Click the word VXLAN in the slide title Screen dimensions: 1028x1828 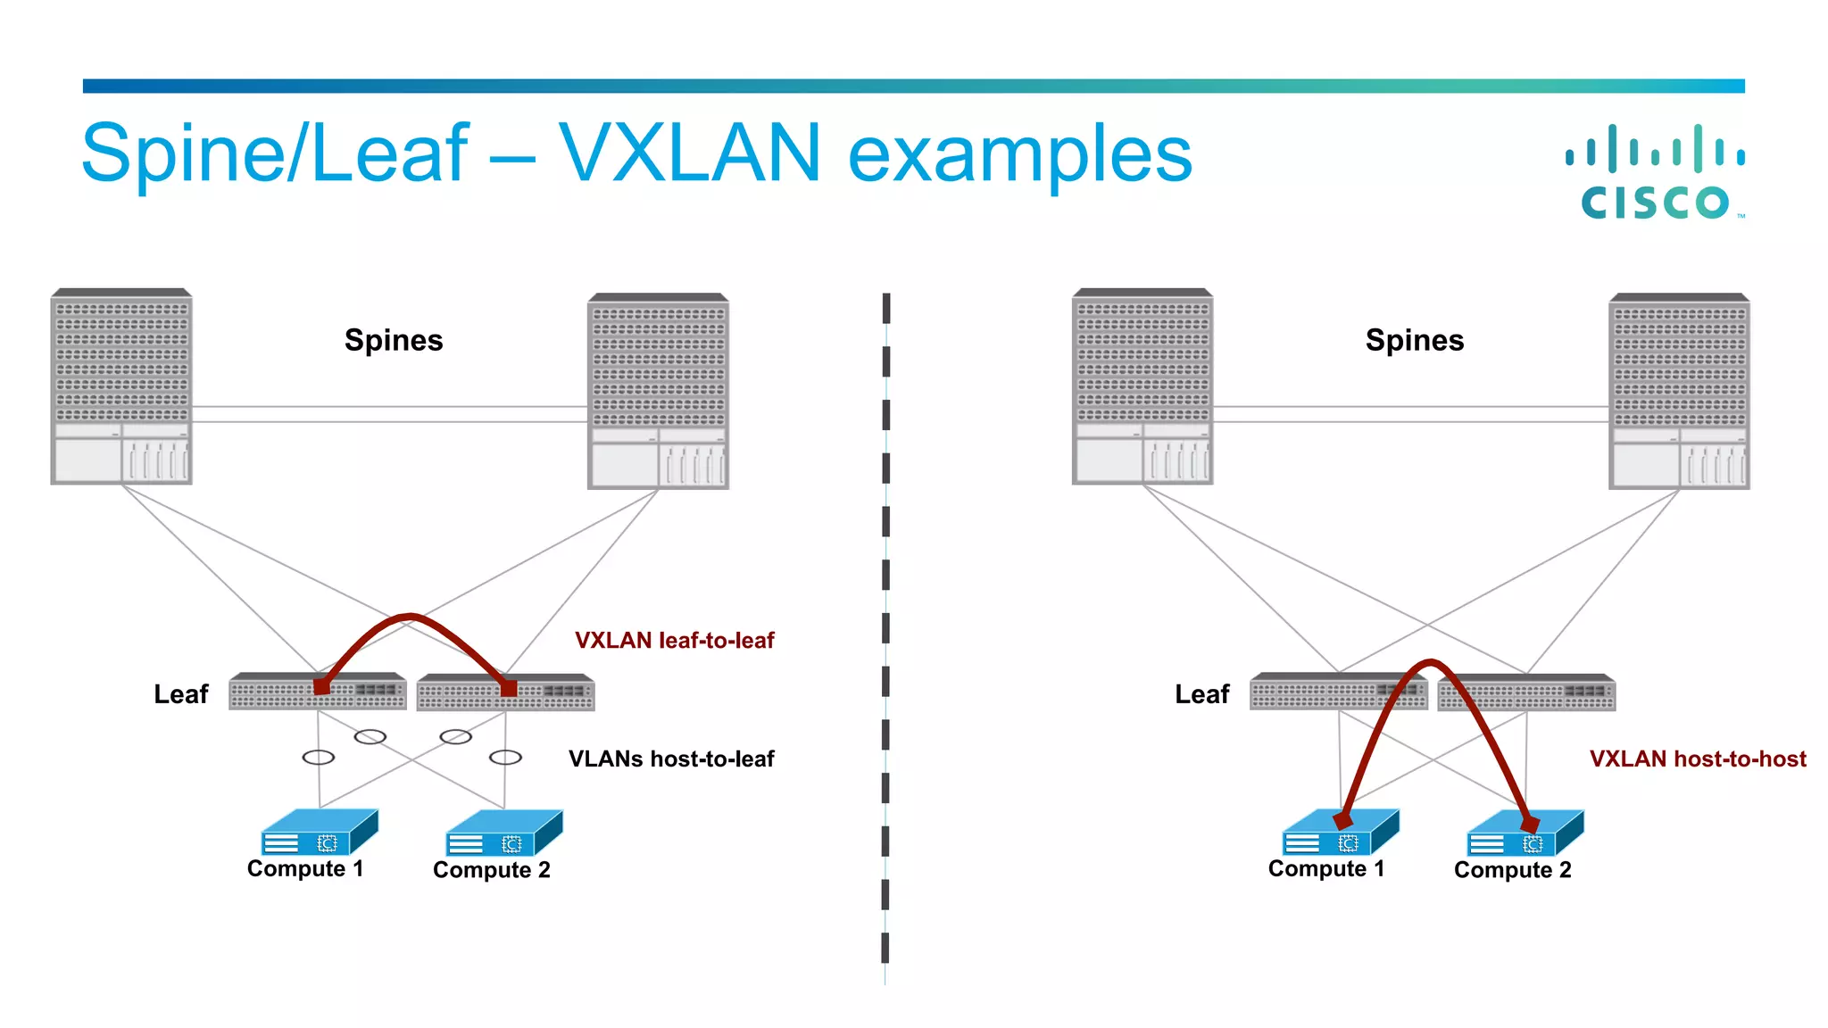689,153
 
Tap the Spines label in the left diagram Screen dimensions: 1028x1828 394,340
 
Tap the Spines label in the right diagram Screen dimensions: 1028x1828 1415,340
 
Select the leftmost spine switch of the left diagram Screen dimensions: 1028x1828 121,386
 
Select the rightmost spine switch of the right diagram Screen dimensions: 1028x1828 1679,391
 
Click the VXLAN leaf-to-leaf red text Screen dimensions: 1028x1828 674,640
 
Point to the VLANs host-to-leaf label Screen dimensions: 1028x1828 671,759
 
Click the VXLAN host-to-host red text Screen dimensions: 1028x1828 1698,759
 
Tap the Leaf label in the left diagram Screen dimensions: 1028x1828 180,694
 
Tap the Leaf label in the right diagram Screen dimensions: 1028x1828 1201,694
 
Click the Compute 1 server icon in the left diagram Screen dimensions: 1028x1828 319,833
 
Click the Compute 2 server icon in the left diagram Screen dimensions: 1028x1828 503,833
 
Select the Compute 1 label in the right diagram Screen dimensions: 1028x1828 1326,868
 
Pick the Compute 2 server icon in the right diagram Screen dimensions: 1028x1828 1525,833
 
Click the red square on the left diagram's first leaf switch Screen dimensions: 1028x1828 321,687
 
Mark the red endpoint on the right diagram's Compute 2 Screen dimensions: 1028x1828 1530,823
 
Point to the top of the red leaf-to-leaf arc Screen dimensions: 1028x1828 409,616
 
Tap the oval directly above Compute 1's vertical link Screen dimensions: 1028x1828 319,758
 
